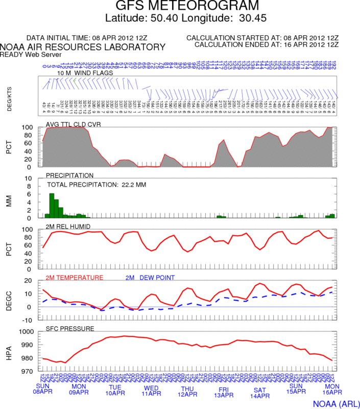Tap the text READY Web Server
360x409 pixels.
coord(31,54)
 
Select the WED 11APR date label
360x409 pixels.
coord(151,390)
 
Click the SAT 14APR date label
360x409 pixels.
coord(259,392)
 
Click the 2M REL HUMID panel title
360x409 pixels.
coord(69,226)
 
